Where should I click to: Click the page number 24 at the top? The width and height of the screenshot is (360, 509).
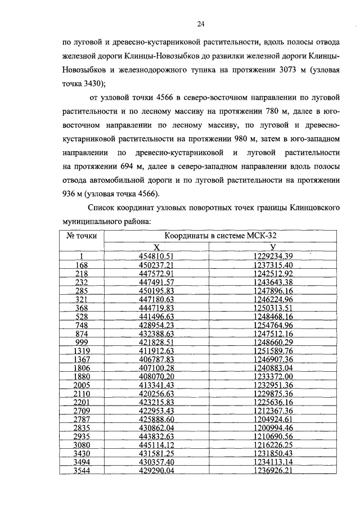click(200, 23)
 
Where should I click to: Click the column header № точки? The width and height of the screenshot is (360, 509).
click(82, 236)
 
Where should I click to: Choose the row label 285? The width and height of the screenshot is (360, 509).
click(82, 291)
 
